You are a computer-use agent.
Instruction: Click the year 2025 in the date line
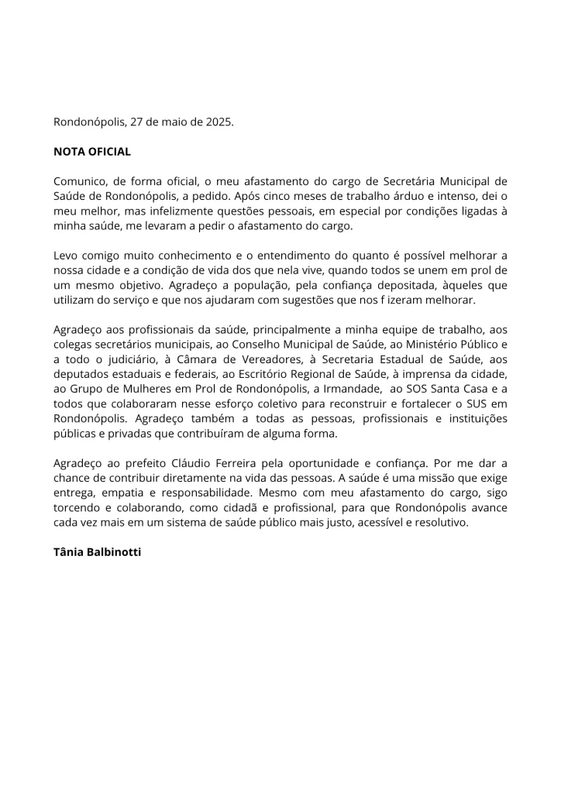(217, 122)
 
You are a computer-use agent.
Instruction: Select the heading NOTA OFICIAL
(92, 152)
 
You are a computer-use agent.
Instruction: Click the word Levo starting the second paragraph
(67, 255)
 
